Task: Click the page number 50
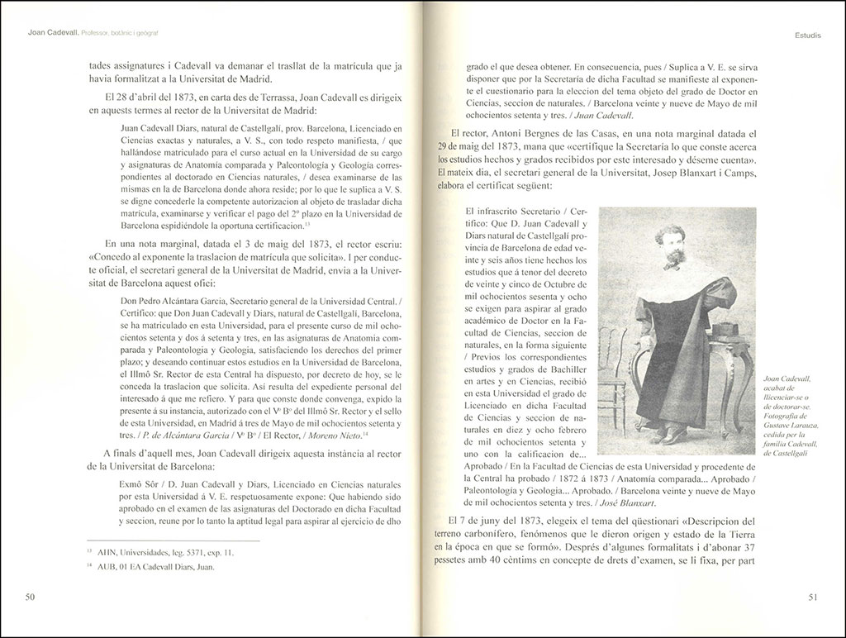(x=29, y=597)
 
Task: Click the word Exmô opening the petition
(x=132, y=481)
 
